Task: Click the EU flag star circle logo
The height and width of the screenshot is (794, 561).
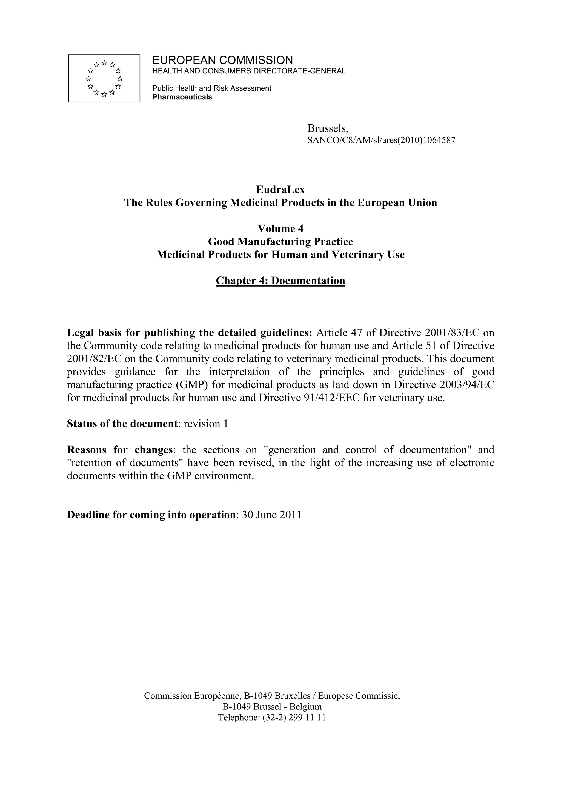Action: (104, 79)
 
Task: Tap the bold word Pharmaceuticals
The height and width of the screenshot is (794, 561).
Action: (182, 97)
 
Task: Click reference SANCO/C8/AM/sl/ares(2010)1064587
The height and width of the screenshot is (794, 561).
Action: (381, 140)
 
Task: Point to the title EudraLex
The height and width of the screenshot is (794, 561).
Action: (280, 190)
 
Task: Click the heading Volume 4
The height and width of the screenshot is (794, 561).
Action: (280, 229)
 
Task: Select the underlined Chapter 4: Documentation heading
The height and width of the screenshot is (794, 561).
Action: (280, 281)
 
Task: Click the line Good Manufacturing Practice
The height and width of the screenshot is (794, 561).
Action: (280, 241)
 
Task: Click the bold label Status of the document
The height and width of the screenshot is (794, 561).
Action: (122, 424)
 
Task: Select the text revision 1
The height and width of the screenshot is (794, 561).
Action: (206, 424)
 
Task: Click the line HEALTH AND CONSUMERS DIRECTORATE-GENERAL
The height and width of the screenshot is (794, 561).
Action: (249, 71)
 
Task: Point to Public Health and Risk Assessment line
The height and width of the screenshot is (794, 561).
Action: (211, 88)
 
